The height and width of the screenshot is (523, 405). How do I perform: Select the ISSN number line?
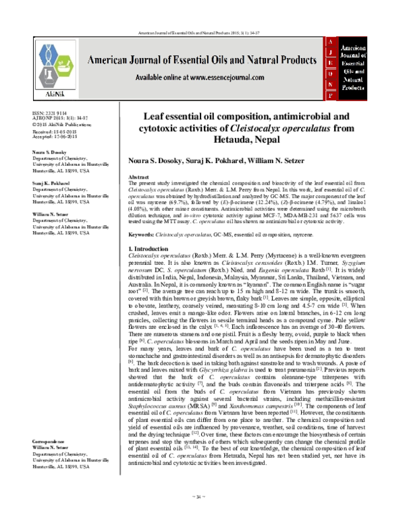coord(45,113)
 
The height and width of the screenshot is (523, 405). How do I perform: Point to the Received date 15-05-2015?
coord(52,131)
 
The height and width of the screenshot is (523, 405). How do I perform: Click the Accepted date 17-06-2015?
coord(52,137)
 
